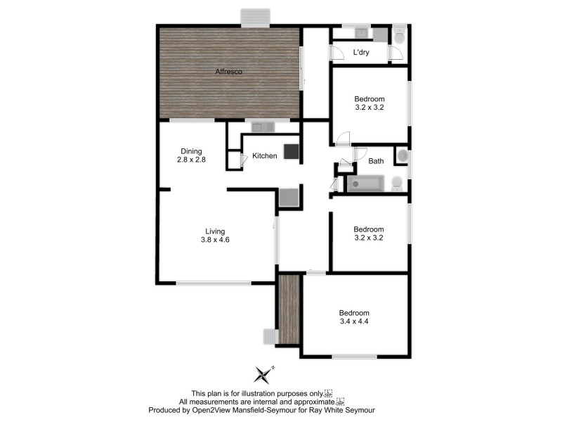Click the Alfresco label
(x=224, y=71)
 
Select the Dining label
(x=191, y=151)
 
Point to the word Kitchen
(x=265, y=155)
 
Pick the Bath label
(x=377, y=160)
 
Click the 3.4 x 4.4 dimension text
(x=354, y=321)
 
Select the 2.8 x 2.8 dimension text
(x=191, y=160)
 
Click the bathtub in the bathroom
(x=366, y=184)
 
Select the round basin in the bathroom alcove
(x=402, y=155)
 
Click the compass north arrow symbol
(x=263, y=373)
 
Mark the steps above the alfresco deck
(x=254, y=18)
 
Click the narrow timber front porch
(x=289, y=309)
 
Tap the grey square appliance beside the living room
(x=289, y=197)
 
